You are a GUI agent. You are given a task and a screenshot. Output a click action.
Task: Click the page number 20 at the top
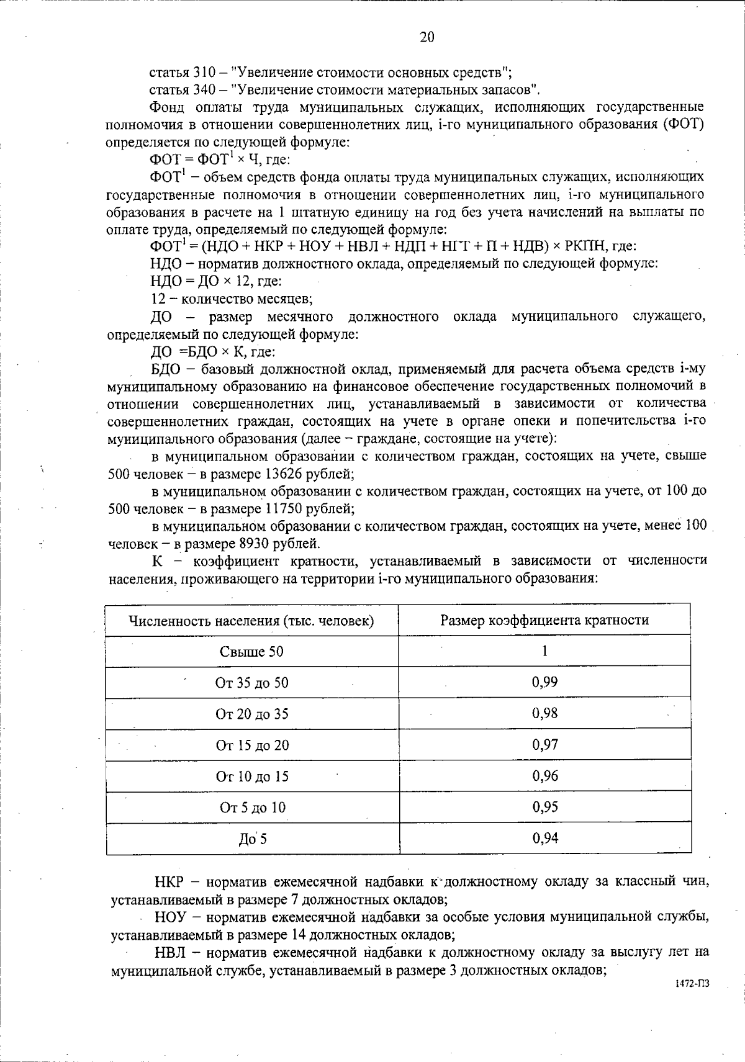point(427,38)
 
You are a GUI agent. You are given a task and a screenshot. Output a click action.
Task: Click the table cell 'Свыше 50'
point(251,652)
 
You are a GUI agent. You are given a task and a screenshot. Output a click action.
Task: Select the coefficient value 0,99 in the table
point(544,682)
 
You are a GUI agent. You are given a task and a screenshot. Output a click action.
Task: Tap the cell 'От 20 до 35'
point(251,714)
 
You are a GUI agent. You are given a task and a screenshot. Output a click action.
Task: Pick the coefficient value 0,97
point(544,744)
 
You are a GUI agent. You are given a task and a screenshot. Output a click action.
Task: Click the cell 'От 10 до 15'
point(251,776)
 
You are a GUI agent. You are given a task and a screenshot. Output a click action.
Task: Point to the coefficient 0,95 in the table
point(544,807)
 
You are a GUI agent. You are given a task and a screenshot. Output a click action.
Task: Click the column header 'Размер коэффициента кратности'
point(544,620)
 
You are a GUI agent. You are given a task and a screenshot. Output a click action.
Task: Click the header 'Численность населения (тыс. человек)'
point(251,621)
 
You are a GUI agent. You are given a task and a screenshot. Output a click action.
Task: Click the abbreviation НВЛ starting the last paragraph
point(169,952)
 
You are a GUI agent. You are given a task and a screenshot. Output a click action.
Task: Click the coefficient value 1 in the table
point(544,650)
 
